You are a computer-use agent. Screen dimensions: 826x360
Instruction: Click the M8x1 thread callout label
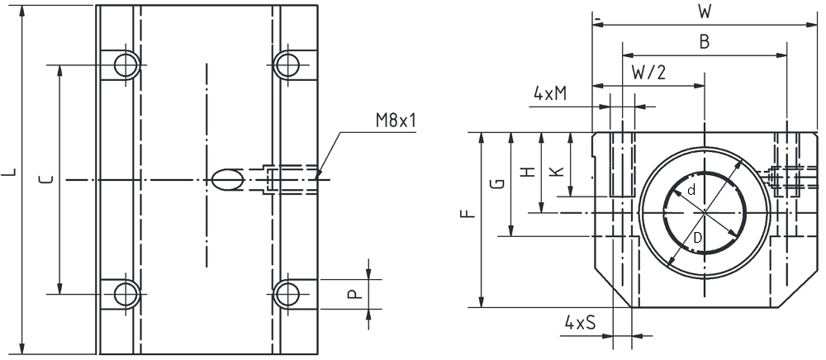click(x=396, y=121)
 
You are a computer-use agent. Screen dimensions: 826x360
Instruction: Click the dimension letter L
click(x=11, y=172)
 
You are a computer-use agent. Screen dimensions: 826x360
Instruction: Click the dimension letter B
click(x=705, y=42)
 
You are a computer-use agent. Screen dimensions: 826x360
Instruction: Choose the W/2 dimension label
click(x=648, y=72)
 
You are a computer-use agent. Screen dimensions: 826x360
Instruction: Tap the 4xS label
click(x=580, y=322)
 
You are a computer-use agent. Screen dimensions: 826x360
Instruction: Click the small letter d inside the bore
click(x=692, y=191)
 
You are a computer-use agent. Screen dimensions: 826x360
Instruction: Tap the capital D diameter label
click(x=697, y=239)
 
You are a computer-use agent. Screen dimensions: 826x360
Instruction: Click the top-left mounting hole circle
click(x=127, y=65)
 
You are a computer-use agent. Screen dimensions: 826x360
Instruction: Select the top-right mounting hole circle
click(x=287, y=65)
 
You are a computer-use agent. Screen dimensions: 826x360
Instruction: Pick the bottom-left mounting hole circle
click(x=127, y=294)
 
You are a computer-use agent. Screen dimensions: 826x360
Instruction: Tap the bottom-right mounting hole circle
click(x=287, y=294)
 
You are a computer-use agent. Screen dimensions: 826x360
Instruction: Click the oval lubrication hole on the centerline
click(x=228, y=179)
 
